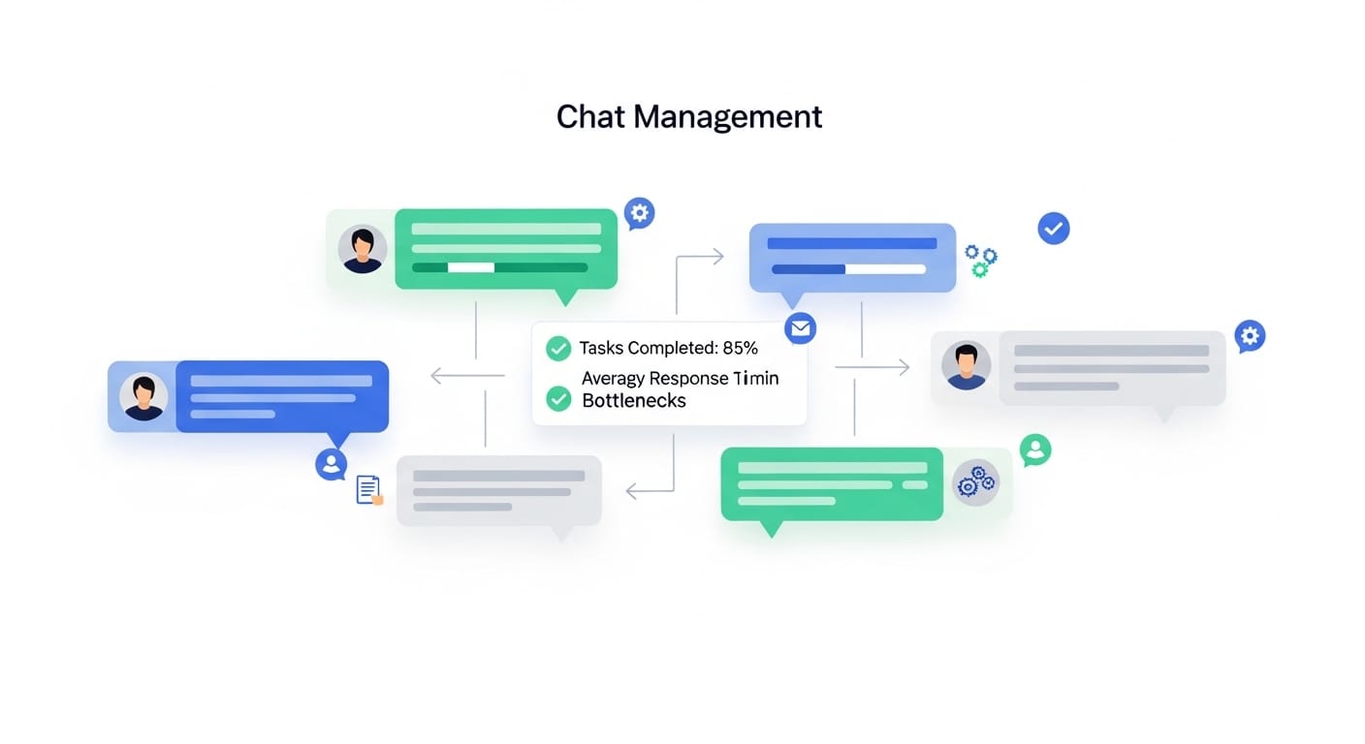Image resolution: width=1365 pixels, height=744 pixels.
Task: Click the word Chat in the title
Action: [x=591, y=117]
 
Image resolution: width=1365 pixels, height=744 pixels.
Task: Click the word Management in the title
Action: [x=728, y=117]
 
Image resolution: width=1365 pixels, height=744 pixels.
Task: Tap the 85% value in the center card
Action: [x=741, y=348]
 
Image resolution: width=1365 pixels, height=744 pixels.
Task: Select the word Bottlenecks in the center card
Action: [x=633, y=401]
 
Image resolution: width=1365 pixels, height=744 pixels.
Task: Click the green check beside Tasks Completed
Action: [x=558, y=349]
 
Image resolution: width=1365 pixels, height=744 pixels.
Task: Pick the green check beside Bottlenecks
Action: [x=558, y=398]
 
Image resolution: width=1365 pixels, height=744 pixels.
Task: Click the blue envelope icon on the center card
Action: [x=800, y=328]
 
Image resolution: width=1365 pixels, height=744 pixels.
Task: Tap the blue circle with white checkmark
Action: [x=1053, y=229]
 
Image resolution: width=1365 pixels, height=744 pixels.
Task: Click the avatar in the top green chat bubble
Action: [x=363, y=250]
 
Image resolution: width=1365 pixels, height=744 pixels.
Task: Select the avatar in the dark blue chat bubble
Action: [x=143, y=397]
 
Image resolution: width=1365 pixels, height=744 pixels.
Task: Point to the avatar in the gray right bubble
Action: [x=966, y=366]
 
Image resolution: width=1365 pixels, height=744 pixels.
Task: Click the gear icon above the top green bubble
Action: [x=639, y=212]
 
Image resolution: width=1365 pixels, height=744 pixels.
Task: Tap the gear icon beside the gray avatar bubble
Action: [x=1250, y=335]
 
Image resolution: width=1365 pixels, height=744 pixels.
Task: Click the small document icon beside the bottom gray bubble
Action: [x=368, y=489]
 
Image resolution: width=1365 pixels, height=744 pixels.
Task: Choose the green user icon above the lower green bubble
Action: [x=1035, y=449]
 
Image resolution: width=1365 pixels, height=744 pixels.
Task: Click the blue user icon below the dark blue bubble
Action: [x=332, y=463]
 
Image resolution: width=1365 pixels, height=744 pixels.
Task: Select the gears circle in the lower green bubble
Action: [x=975, y=481]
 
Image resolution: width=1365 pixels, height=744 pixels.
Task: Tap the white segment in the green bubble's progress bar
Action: [x=470, y=267]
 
